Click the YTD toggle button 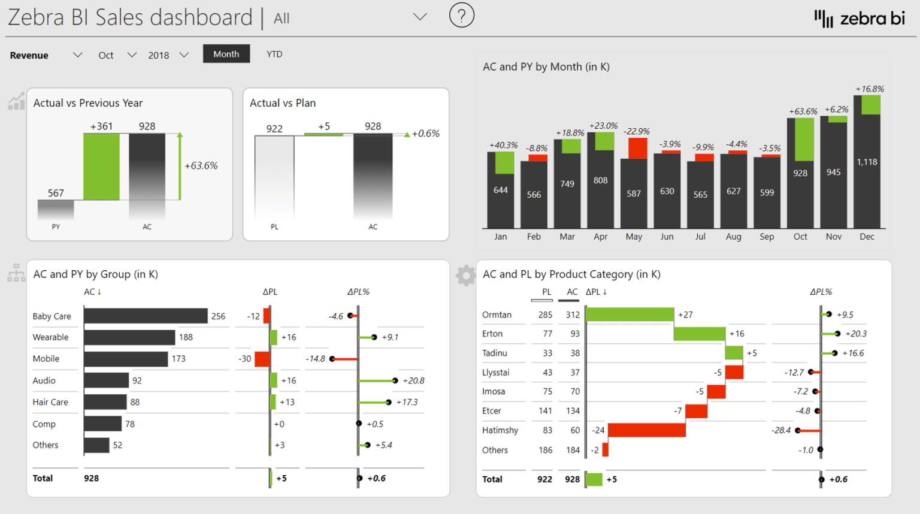[274, 54]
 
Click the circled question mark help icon [461, 15]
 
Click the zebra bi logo [860, 19]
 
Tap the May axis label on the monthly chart [634, 237]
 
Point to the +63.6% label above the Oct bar [803, 111]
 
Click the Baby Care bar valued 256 [146, 316]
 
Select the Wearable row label [50, 337]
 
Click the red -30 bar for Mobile [262, 359]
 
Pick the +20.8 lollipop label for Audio [413, 380]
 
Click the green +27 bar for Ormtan [630, 315]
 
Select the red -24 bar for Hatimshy [646, 430]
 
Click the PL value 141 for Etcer [545, 411]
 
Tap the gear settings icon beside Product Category [465, 276]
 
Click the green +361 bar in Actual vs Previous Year [101, 167]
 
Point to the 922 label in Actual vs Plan [274, 129]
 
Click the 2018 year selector [168, 55]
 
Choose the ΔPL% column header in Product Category [821, 292]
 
